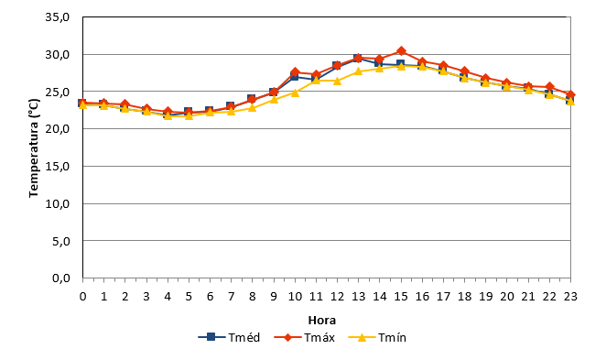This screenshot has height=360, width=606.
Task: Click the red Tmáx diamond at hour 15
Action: tap(401, 51)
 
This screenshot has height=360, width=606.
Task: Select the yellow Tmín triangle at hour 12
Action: tap(338, 81)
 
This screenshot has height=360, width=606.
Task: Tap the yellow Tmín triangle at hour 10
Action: tap(296, 93)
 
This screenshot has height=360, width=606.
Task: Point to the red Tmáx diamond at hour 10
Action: tap(296, 72)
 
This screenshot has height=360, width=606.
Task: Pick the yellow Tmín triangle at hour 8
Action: tap(253, 107)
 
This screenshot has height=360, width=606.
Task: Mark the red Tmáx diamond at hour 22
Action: tap(549, 87)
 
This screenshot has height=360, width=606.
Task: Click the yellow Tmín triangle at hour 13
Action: tap(359, 71)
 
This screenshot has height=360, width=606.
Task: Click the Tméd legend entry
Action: tap(229, 338)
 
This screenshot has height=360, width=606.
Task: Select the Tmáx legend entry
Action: tap(304, 338)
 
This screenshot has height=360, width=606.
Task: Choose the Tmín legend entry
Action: tap(377, 338)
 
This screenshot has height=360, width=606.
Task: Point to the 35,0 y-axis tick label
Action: tap(57, 17)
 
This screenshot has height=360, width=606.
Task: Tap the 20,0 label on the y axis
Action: tap(57, 129)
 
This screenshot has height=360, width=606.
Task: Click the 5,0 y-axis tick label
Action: tap(60, 241)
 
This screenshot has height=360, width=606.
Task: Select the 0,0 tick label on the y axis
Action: tap(60, 278)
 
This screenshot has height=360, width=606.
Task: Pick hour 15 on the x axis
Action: tap(401, 297)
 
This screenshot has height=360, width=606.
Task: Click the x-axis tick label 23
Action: tap(570, 297)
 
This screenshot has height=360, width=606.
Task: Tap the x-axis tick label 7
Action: tap(231, 297)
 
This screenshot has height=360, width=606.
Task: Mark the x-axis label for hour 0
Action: tap(82, 297)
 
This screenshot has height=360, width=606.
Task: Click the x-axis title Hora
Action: tap(322, 321)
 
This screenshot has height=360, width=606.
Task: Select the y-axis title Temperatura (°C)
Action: tap(34, 147)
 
